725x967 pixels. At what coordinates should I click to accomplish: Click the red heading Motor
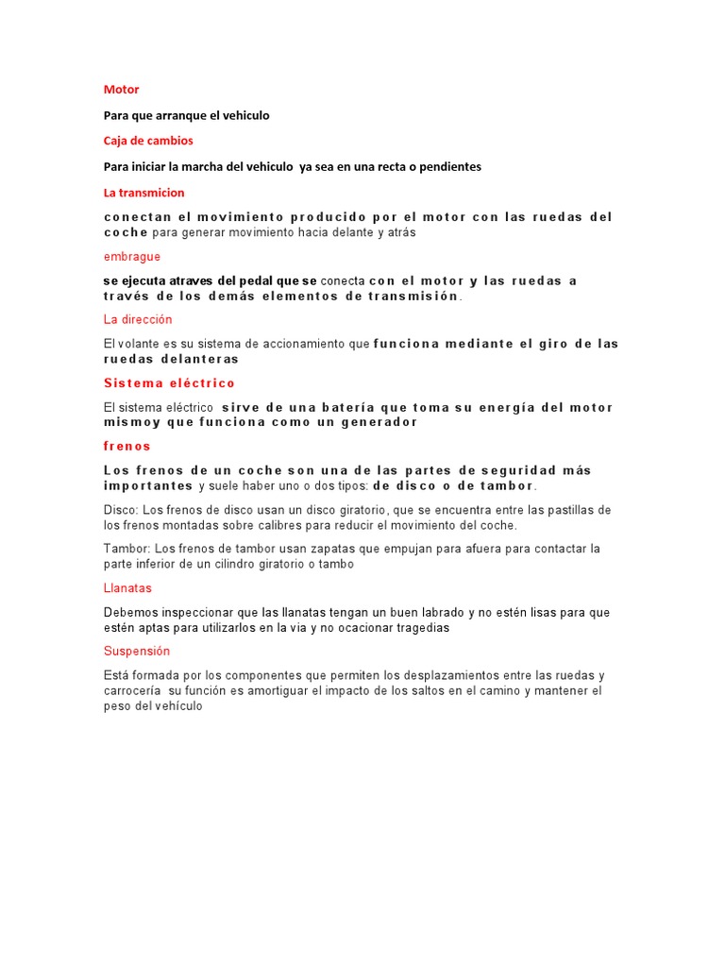click(121, 90)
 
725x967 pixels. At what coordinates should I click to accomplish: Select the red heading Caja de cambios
click(147, 141)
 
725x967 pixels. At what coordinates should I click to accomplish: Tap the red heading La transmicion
click(143, 192)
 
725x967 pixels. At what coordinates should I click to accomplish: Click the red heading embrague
click(131, 256)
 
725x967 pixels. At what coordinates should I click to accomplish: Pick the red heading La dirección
click(138, 319)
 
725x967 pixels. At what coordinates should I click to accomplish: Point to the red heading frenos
click(126, 446)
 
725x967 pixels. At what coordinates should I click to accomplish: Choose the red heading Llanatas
click(127, 587)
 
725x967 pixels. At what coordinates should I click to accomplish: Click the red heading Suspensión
click(136, 651)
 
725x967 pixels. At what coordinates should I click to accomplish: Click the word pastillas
click(570, 510)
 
